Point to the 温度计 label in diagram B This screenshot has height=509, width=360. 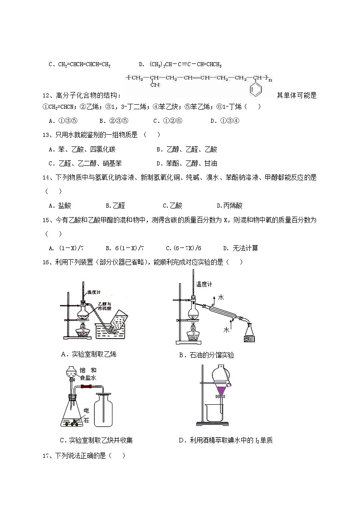[x=203, y=285]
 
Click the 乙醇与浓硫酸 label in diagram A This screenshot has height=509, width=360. [x=105, y=305]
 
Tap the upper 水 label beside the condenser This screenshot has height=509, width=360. [x=221, y=297]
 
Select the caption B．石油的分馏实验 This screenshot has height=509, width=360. [x=207, y=355]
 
